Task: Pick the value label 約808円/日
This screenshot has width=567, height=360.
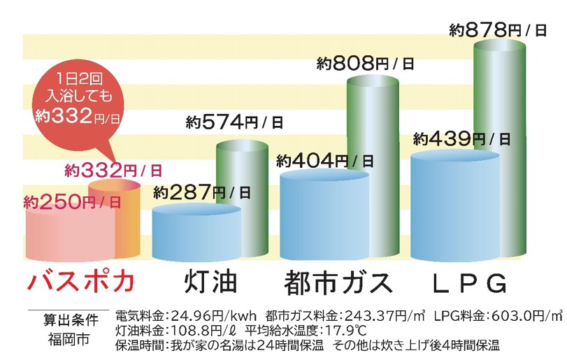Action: (365, 64)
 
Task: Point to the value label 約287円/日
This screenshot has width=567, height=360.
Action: (202, 191)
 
